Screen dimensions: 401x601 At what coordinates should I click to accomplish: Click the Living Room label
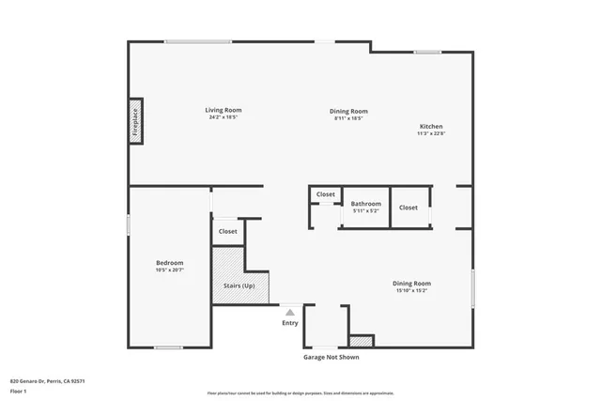click(223, 110)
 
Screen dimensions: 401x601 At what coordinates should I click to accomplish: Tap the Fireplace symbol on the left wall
click(135, 123)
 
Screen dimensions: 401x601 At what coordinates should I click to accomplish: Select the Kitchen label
click(431, 126)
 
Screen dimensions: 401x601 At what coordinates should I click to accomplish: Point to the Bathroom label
click(366, 203)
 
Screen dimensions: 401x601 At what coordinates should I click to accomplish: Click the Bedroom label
click(169, 262)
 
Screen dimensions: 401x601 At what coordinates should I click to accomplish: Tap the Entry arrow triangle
click(290, 312)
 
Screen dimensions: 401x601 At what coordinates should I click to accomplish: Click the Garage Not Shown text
click(330, 357)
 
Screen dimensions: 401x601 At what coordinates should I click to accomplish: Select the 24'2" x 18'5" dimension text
click(223, 117)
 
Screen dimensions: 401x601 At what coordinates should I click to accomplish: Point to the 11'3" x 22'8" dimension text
click(431, 133)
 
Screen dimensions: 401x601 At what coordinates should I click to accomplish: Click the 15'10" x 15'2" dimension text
click(411, 290)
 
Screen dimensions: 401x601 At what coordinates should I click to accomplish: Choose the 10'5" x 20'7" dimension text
click(169, 270)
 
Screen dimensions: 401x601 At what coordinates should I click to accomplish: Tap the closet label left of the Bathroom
click(325, 194)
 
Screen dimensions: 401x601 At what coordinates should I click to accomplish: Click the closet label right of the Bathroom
click(408, 207)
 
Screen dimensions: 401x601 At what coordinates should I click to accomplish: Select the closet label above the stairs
click(228, 231)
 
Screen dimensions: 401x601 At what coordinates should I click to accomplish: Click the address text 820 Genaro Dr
click(47, 381)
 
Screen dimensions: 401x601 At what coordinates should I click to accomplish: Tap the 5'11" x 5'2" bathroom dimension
click(366, 210)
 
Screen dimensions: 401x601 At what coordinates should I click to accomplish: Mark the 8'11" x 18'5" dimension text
click(347, 117)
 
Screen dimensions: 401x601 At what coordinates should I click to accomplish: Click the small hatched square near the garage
click(362, 341)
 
